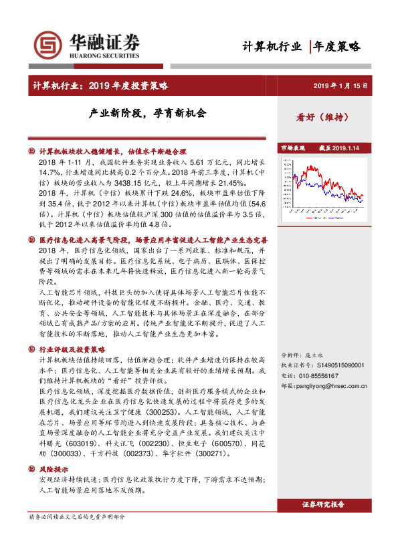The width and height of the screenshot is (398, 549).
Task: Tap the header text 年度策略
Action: [x=337, y=46]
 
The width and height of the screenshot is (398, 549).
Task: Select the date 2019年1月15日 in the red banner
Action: [x=341, y=86]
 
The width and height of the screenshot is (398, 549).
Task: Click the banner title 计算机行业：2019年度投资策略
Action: [x=101, y=86]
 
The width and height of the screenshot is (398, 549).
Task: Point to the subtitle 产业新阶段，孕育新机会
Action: [x=148, y=114]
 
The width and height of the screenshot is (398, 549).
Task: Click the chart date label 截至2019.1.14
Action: [x=339, y=148]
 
